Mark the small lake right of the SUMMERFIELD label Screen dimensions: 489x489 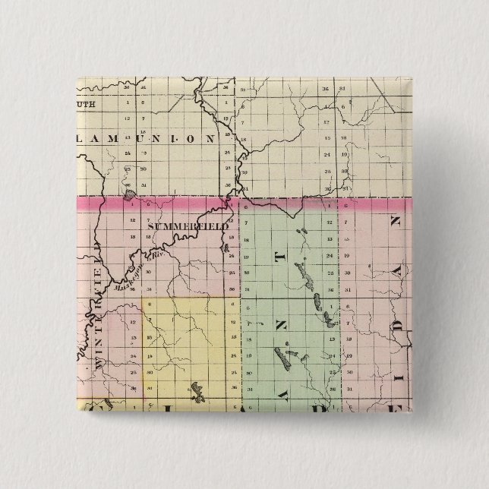225,244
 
